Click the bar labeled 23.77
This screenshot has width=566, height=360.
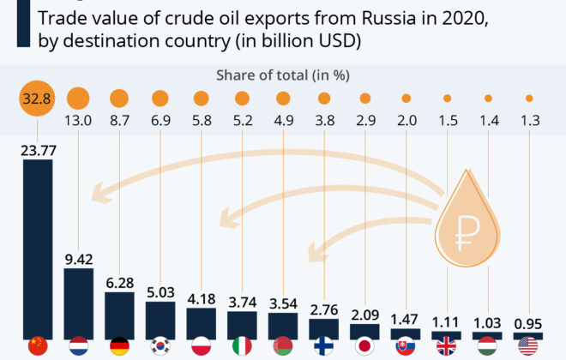pos(37,249)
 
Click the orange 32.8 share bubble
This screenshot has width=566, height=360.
pos(37,99)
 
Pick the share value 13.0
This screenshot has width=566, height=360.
pos(78,123)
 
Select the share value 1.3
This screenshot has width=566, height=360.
pos(529,123)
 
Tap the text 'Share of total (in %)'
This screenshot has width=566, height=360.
pos(283,75)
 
